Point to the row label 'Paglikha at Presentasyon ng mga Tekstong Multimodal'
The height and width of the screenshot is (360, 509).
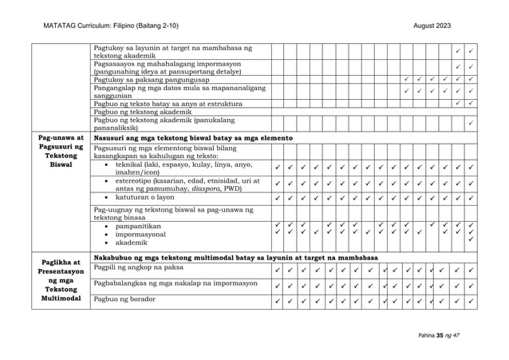(x=62, y=281)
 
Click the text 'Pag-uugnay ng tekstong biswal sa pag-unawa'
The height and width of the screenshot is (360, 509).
(x=172, y=212)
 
